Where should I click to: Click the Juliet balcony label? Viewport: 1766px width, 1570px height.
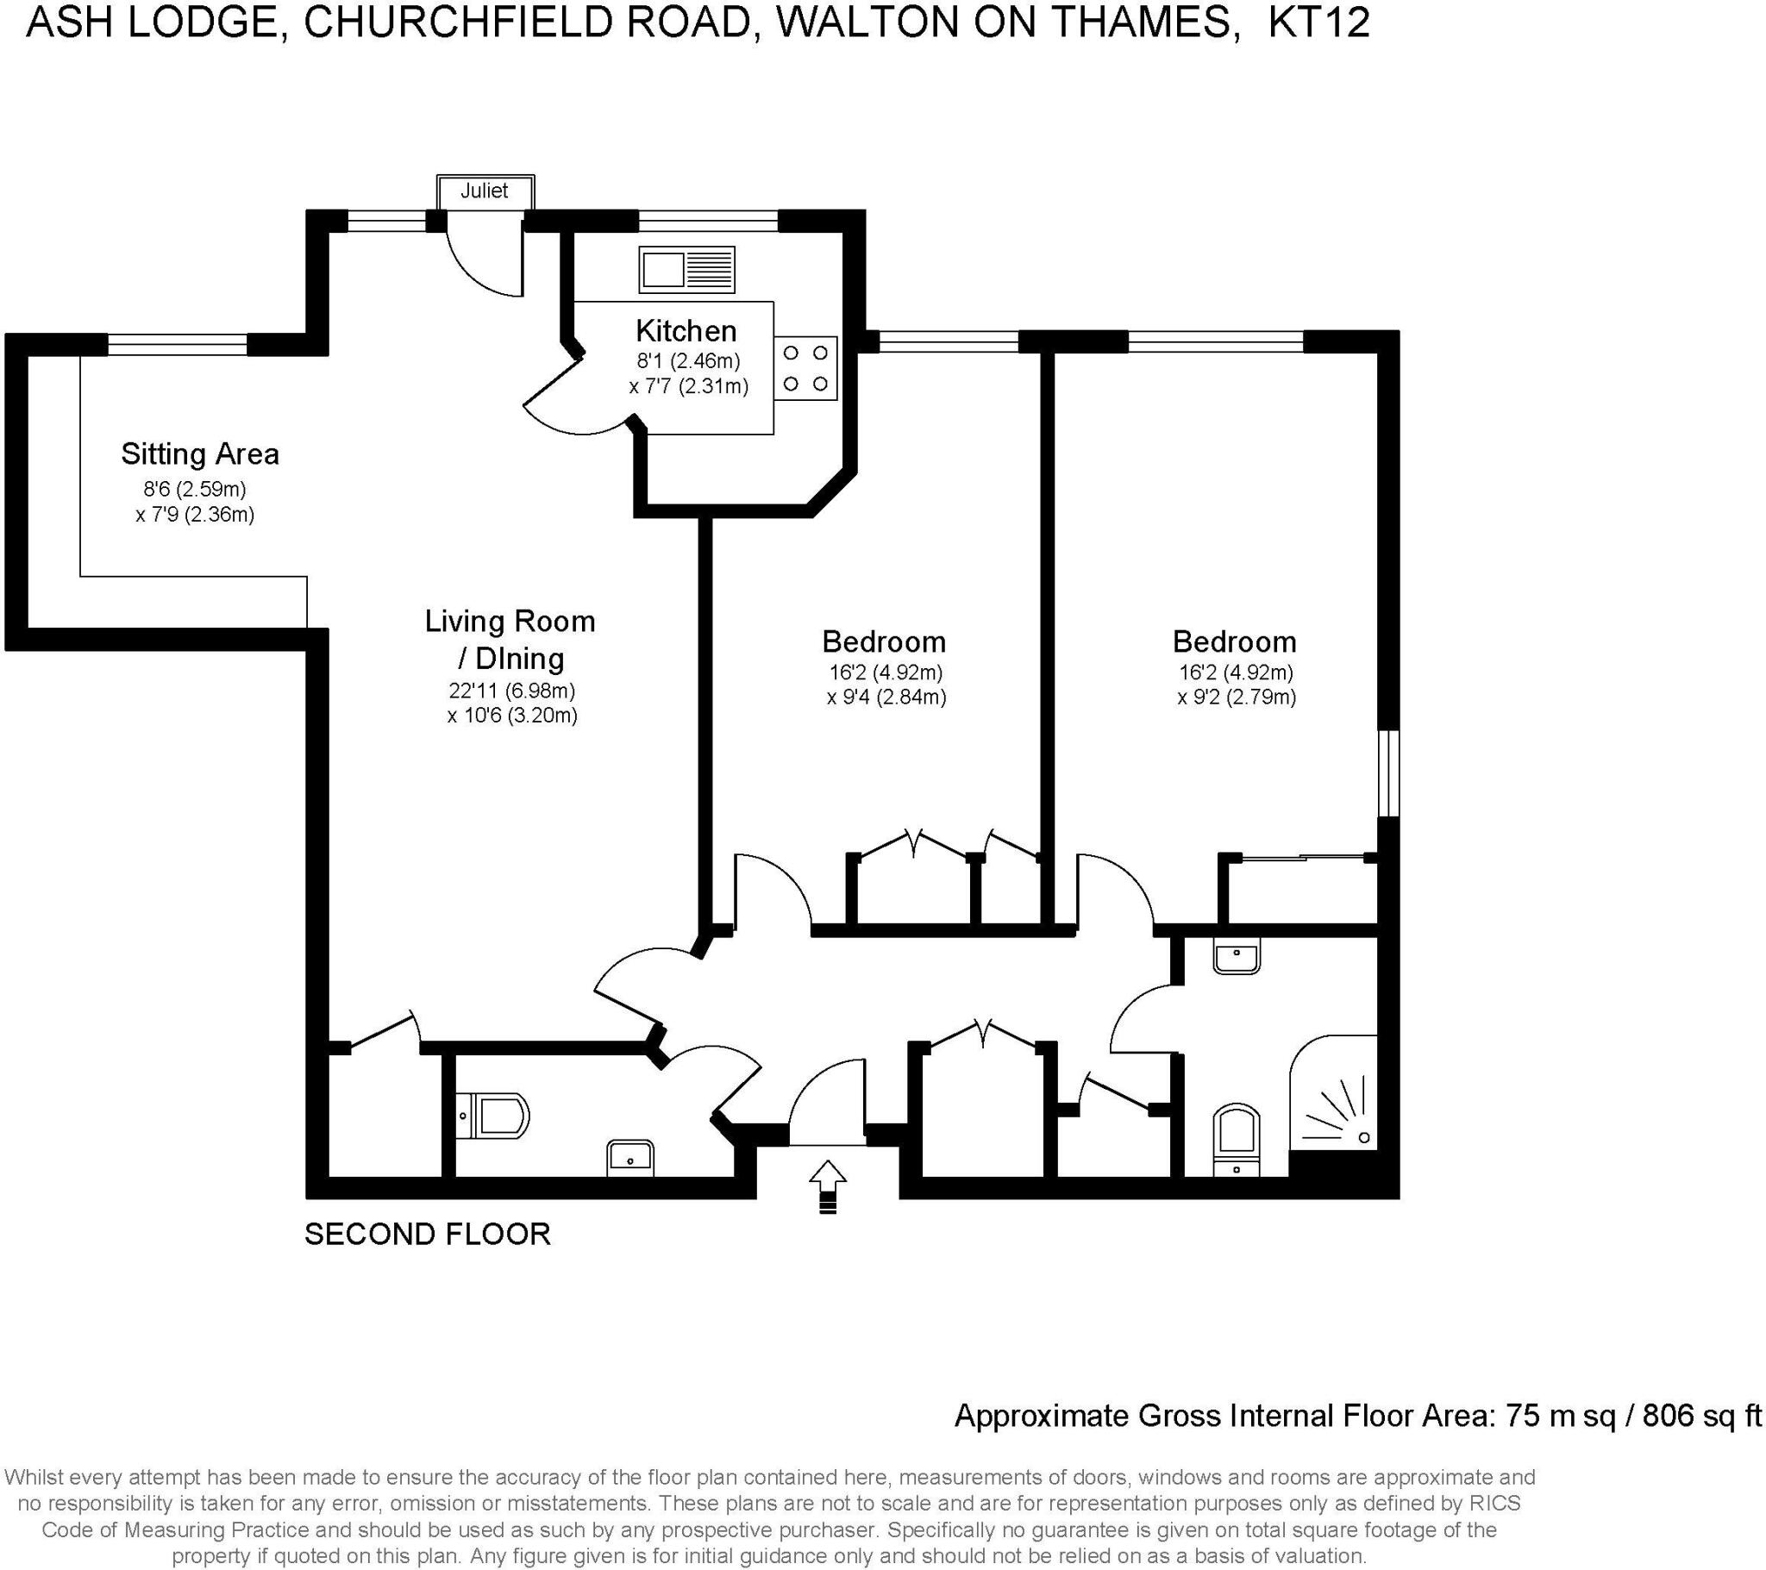pos(484,191)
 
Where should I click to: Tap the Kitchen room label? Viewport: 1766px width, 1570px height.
pos(686,331)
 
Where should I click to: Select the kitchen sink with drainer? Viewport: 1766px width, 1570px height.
pos(687,269)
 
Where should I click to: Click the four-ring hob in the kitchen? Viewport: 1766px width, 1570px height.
pos(805,368)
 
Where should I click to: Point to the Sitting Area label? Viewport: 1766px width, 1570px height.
pos(199,454)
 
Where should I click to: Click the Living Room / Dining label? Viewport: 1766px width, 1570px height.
pos(510,640)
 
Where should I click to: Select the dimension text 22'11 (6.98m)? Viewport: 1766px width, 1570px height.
pos(511,691)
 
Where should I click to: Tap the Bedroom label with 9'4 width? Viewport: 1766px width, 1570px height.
pos(883,642)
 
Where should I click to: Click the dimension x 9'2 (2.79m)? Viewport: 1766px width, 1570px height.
pos(1237,697)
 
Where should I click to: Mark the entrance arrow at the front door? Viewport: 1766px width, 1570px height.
pos(828,1185)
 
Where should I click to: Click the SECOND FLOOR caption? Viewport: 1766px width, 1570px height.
pos(428,1234)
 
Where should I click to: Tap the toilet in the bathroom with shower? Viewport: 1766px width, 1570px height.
pos(1237,1139)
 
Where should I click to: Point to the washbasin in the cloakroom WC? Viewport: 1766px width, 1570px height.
pos(629,1156)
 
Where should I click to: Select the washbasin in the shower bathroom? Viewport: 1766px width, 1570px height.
pos(1237,957)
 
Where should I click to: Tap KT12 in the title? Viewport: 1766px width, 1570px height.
pos(1318,23)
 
